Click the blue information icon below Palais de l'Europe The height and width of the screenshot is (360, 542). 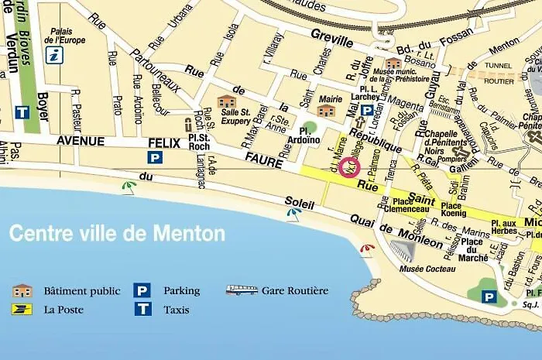pyautogui.click(x=54, y=54)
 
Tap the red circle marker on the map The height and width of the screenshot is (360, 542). pyautogui.click(x=349, y=166)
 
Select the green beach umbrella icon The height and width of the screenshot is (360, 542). pyautogui.click(x=129, y=186)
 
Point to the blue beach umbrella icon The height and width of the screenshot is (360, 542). pyautogui.click(x=294, y=213)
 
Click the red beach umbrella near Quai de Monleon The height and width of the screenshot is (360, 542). pyautogui.click(x=368, y=249)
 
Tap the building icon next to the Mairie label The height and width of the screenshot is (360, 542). pyautogui.click(x=326, y=111)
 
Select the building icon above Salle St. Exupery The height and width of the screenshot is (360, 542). pyautogui.click(x=226, y=101)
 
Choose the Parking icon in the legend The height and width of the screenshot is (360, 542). pyautogui.click(x=142, y=291)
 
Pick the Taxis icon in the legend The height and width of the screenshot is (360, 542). pyautogui.click(x=142, y=309)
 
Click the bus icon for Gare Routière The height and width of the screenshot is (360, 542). pyautogui.click(x=242, y=291)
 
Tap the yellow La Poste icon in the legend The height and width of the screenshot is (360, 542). pyautogui.click(x=22, y=309)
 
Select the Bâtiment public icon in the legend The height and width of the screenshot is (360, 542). pyautogui.click(x=22, y=291)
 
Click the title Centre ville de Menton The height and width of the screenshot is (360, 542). pyautogui.click(x=117, y=233)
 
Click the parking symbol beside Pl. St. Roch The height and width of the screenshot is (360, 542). pyautogui.click(x=155, y=157)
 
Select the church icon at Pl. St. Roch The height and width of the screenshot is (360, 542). pyautogui.click(x=188, y=124)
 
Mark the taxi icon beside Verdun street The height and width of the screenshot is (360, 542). pyautogui.click(x=22, y=111)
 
